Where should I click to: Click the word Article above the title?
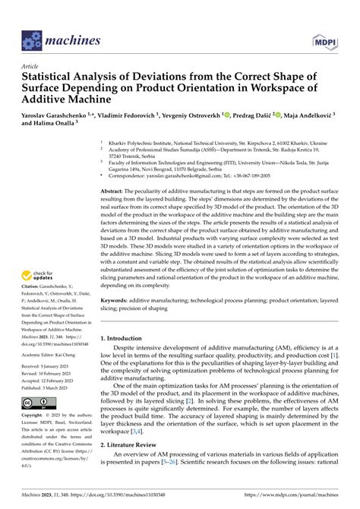[31, 66]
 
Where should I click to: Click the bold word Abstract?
[114, 191]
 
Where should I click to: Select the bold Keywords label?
[118, 302]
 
